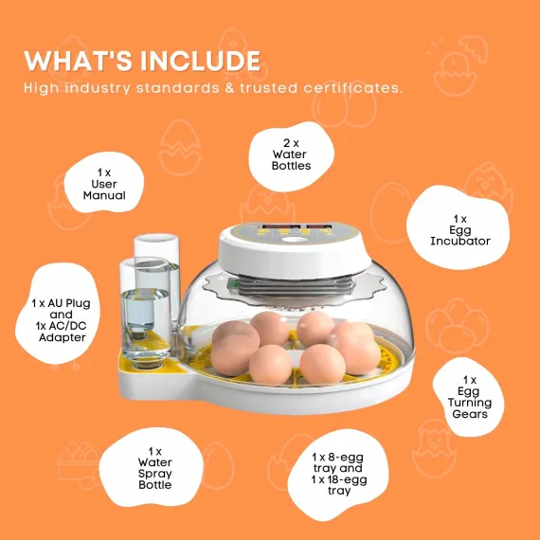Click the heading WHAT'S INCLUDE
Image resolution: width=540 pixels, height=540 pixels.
pos(142,62)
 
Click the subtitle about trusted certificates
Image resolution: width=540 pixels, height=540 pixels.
pos(213,88)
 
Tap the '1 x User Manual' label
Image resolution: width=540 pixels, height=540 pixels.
pos(103,183)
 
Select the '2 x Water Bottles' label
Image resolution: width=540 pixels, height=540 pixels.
pos(290,153)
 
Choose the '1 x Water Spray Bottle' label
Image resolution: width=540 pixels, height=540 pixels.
pos(154,468)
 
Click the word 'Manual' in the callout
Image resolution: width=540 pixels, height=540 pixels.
pos(103,195)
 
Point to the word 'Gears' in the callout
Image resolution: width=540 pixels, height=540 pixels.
pos(470,415)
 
